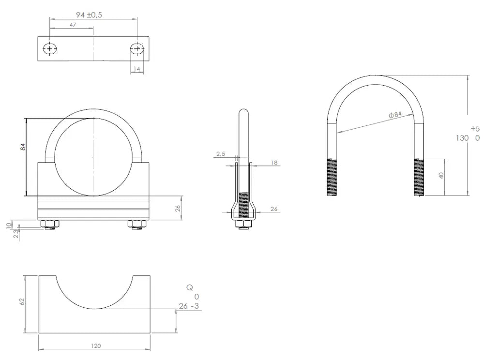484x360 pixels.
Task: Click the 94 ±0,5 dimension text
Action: tap(89, 15)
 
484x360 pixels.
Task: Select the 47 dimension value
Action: tap(73, 25)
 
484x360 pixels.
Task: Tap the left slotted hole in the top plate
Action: tap(50, 49)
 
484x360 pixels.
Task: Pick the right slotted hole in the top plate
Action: tap(137, 49)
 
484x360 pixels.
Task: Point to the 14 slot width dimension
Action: tap(137, 69)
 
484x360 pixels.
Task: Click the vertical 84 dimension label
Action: tap(23, 147)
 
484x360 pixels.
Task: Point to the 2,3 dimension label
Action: tap(16, 234)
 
